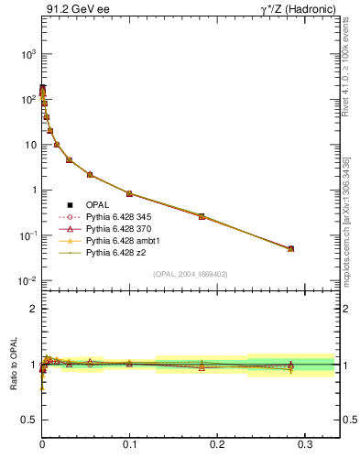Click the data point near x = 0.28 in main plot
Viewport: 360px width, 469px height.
pos(290,248)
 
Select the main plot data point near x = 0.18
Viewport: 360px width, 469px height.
pos(202,216)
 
